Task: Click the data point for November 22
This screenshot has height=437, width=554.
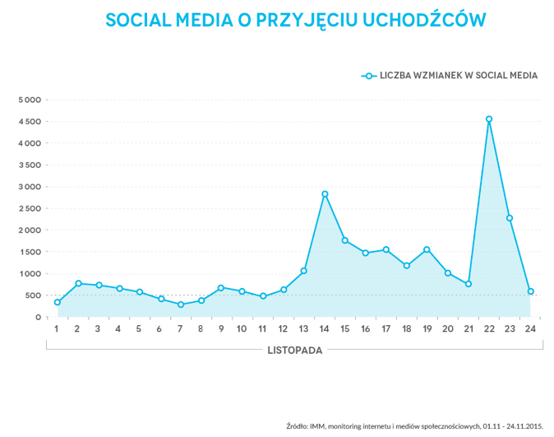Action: [489, 119]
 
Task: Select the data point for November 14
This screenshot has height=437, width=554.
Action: [325, 194]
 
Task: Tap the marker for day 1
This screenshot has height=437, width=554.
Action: [57, 302]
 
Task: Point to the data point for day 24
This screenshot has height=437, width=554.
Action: [531, 291]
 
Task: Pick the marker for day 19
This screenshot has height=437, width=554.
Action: [427, 249]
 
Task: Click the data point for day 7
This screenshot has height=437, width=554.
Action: [181, 305]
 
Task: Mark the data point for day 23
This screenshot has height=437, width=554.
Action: [510, 218]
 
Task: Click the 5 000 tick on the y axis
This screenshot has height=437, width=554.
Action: [30, 100]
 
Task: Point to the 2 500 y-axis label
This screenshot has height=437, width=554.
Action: [30, 208]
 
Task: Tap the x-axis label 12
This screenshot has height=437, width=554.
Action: [284, 329]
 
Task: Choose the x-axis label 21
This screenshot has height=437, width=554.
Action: [469, 329]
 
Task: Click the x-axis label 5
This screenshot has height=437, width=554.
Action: [139, 329]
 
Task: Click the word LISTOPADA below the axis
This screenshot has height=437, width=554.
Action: [295, 349]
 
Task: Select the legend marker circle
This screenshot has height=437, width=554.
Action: [369, 76]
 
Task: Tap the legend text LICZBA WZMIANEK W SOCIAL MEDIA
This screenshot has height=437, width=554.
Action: [459, 76]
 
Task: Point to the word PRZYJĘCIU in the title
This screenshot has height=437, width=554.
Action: [303, 19]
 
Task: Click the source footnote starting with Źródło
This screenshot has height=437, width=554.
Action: [415, 425]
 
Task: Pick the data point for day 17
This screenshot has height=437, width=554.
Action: [386, 249]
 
